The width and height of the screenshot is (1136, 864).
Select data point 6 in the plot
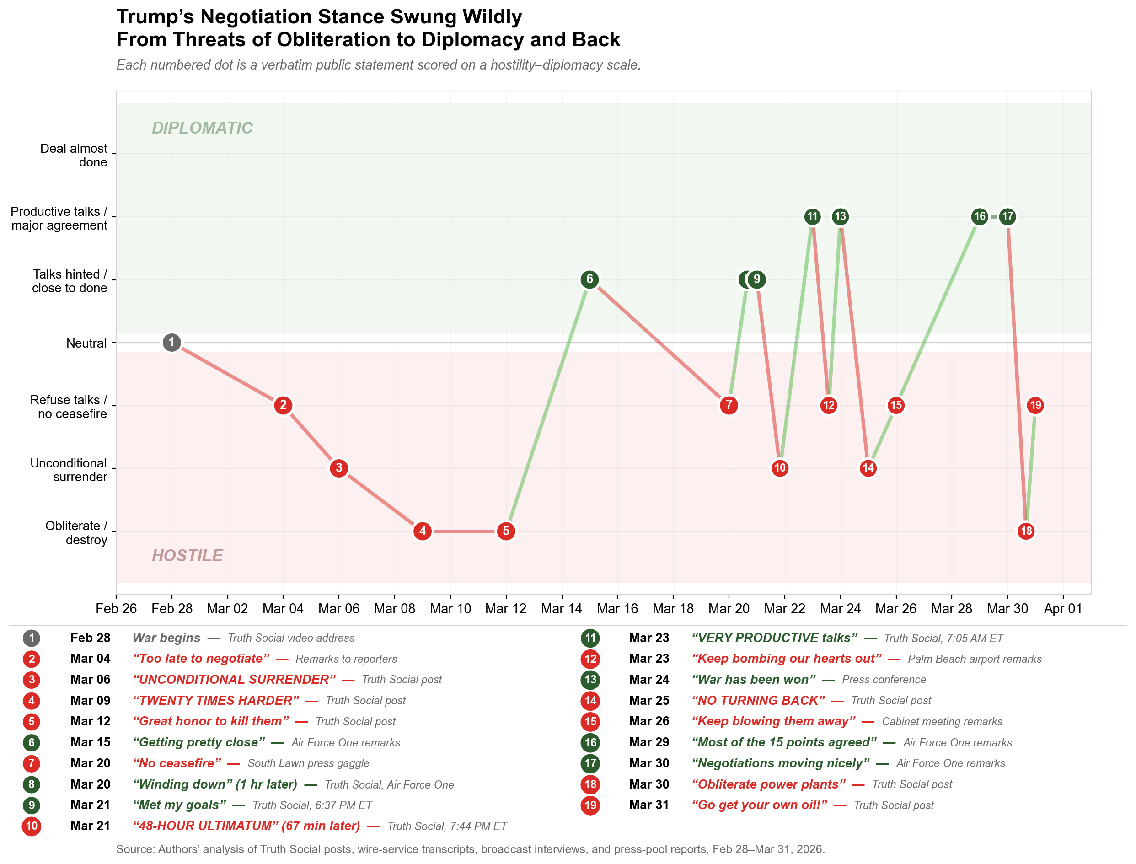pyautogui.click(x=589, y=279)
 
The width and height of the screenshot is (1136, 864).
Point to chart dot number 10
pyautogui.click(x=780, y=468)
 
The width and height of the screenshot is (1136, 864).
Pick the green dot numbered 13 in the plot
pyautogui.click(x=840, y=216)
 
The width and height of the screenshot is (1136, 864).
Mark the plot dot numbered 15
pyautogui.click(x=896, y=405)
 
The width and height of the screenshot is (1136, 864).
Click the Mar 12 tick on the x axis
pyautogui.click(x=505, y=609)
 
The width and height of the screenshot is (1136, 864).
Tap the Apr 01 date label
pyautogui.click(x=1062, y=609)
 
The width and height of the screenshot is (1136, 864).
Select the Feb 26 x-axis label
pyautogui.click(x=116, y=609)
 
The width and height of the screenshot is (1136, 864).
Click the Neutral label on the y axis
pyautogui.click(x=86, y=343)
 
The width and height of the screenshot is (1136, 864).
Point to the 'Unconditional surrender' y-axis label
pyautogui.click(x=69, y=470)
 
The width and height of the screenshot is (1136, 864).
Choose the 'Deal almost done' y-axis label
pyautogui.click(x=74, y=156)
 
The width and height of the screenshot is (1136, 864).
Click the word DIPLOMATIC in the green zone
pyautogui.click(x=202, y=128)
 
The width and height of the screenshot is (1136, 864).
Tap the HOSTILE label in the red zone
pyautogui.click(x=187, y=555)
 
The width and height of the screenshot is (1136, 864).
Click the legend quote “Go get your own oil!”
pyautogui.click(x=759, y=805)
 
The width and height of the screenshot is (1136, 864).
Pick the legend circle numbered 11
pyautogui.click(x=590, y=638)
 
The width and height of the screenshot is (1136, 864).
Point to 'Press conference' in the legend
pyautogui.click(x=884, y=679)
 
